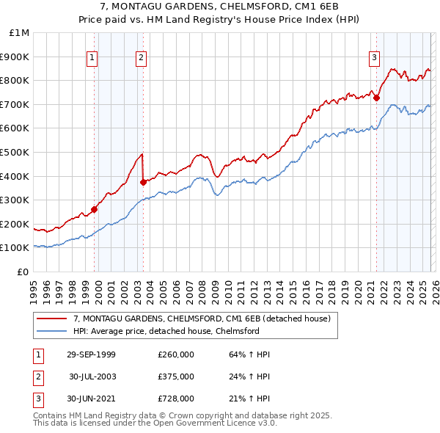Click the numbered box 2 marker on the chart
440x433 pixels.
click(x=141, y=58)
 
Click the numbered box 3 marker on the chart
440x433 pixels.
click(x=374, y=58)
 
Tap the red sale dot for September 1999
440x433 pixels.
click(x=95, y=209)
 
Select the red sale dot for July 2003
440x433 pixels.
click(x=144, y=182)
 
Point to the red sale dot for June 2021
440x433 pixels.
click(x=376, y=98)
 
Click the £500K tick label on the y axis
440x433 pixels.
click(x=15, y=153)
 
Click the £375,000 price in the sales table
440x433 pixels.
click(x=175, y=376)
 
